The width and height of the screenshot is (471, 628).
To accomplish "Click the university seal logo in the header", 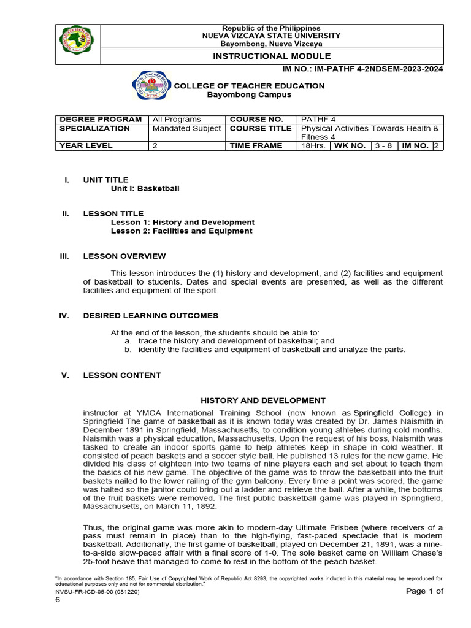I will pos(77,44).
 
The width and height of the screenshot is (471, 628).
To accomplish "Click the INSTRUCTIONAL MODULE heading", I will pos(272,56).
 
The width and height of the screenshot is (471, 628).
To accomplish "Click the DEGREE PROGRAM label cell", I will pos(99,119).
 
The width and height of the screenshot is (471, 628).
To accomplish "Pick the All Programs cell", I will pos(177,119).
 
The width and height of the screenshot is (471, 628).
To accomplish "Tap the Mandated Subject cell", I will pos(186,128).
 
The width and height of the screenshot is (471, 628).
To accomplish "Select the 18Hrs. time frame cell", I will pos(314,146).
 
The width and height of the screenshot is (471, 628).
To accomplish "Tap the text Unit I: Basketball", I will pos(145,189).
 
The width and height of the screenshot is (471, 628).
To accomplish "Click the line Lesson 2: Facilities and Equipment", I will pos(182,231).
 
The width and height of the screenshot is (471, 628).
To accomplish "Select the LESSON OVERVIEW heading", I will pos(124,256).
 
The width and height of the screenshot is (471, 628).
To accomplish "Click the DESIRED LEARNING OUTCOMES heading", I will pos(150,316).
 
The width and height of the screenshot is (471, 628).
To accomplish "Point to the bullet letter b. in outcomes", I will pos(128,350).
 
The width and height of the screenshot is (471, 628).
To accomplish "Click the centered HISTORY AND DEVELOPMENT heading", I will pos(263,400).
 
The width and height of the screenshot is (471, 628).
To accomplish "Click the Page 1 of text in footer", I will pos(424,591).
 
